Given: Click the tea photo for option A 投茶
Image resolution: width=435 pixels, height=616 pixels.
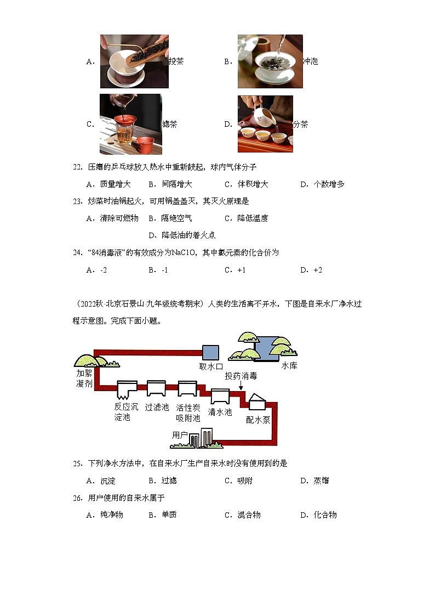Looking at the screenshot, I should point(134,61).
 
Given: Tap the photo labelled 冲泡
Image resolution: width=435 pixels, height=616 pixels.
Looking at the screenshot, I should point(270,61).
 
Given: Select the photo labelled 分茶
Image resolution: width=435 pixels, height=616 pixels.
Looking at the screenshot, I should point(265,124).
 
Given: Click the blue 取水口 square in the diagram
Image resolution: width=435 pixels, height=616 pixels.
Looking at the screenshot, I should point(210,353).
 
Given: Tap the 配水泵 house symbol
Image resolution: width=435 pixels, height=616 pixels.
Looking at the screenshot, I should point(256,402).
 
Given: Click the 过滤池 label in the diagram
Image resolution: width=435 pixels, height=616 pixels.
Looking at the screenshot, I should point(157,408).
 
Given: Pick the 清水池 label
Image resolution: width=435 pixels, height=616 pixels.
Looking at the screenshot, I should point(220,412).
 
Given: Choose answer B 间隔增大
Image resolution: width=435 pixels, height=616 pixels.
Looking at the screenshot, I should point(170,184).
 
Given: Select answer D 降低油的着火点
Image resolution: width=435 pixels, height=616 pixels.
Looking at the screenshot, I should point(182,235).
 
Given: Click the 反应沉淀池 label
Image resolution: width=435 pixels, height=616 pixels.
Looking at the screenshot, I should point(122,412).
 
